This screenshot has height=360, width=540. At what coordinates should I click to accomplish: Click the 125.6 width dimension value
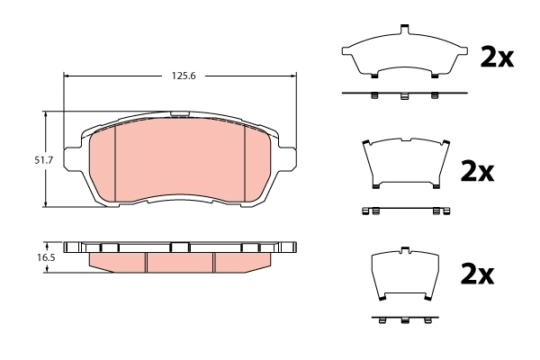click(x=181, y=76)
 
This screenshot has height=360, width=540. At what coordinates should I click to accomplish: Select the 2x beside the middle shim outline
click(x=477, y=171)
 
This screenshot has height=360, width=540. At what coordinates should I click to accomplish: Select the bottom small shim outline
click(x=404, y=274)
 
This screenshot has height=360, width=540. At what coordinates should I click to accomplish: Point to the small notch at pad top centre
click(x=181, y=114)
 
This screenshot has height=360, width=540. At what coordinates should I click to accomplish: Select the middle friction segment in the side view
click(x=180, y=260)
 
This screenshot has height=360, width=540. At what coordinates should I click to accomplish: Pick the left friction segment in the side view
click(x=117, y=259)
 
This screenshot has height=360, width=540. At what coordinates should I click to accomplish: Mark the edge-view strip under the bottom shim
click(x=404, y=319)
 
